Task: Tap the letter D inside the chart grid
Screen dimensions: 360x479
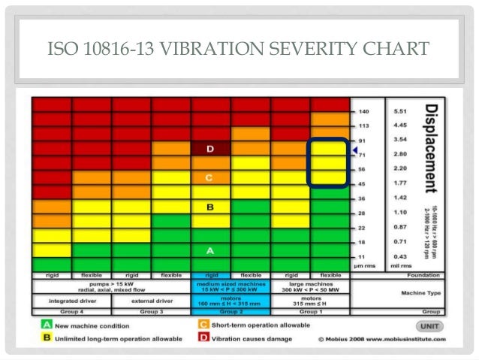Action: [x=211, y=149]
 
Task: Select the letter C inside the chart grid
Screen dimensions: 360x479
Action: [x=211, y=177]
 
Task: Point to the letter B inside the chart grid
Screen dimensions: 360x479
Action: [x=211, y=207]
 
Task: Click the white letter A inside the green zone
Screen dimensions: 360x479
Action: [x=211, y=250]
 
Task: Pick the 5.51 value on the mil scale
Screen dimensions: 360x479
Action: [x=400, y=111]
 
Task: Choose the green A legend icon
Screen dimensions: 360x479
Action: [x=46, y=325]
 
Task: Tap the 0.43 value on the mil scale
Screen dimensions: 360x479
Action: [x=400, y=258]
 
